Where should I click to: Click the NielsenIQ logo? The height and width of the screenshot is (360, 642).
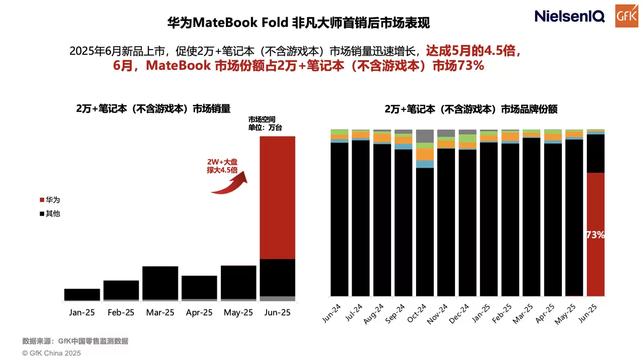[x=569, y=16]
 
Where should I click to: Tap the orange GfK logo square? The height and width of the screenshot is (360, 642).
[x=627, y=16]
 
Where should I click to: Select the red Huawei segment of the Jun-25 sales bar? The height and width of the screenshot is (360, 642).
[x=277, y=197]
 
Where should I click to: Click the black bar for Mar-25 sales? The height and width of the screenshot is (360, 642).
[x=160, y=283]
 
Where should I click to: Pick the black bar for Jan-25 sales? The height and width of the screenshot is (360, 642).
[x=82, y=294]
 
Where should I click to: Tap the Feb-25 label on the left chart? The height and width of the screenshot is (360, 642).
[x=121, y=313]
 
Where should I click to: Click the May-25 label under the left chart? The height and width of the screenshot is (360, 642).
[x=238, y=313]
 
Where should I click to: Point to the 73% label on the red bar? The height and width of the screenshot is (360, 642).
[x=595, y=235]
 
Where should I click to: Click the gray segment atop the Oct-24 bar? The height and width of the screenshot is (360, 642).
[x=425, y=136]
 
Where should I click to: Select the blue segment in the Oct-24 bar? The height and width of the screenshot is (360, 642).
[x=425, y=164]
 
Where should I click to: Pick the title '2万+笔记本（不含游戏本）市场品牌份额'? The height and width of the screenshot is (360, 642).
[x=471, y=109]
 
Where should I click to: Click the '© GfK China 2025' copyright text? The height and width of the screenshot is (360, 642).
[x=51, y=353]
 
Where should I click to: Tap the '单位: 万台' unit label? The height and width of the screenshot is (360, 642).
[x=265, y=128]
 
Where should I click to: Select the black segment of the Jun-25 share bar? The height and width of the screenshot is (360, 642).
[x=595, y=153]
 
